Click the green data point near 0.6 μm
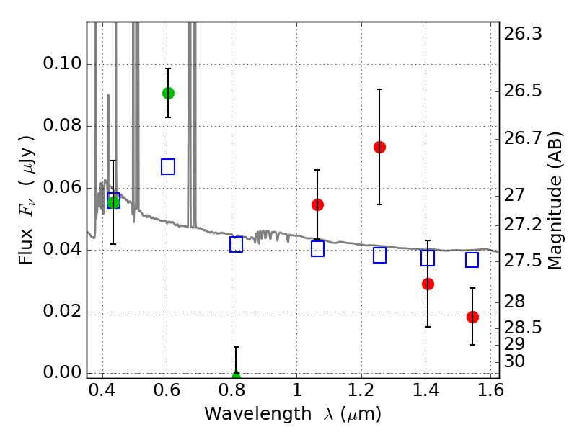point(168,94)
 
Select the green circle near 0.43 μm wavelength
point(113,202)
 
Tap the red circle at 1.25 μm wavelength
point(379,148)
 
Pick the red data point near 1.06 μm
point(317,204)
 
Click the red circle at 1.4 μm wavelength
point(428,284)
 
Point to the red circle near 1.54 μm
point(472,317)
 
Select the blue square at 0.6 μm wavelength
point(168,167)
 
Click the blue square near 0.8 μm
point(236,244)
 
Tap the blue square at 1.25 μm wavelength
point(379,256)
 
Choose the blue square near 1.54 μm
point(472,260)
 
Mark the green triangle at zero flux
point(236,374)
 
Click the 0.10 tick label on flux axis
point(62,63)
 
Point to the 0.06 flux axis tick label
point(62,187)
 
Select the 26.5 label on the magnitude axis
point(523,91)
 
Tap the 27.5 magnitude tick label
point(523,261)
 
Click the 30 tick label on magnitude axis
point(514,361)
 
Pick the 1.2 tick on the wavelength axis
point(361,390)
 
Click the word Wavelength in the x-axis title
point(258,413)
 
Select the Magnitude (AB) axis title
point(555,201)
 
